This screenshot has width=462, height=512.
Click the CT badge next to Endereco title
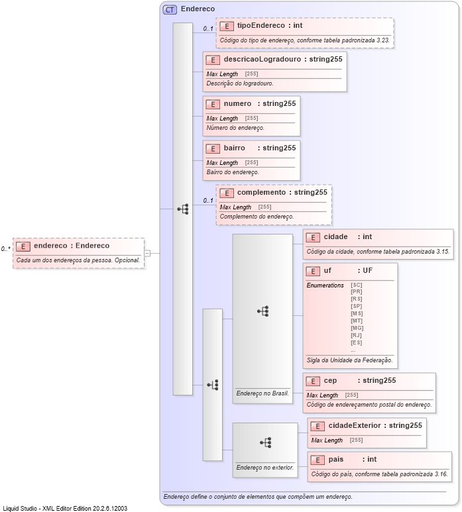click(170, 9)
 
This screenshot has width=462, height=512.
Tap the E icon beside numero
click(213, 104)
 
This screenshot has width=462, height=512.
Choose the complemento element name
click(261, 193)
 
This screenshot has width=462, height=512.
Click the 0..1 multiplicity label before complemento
click(208, 201)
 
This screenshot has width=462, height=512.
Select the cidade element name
click(335, 237)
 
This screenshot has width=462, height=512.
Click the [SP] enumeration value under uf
click(357, 306)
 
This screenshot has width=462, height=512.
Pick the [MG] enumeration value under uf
click(357, 328)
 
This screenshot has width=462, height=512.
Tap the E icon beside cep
click(313, 381)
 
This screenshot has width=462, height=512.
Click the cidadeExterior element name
click(355, 425)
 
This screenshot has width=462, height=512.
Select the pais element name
click(337, 460)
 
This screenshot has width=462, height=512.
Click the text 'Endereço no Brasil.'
click(262, 393)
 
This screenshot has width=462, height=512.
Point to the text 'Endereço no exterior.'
click(264, 467)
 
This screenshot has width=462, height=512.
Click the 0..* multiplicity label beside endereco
click(6, 249)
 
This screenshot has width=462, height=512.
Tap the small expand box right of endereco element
click(147, 252)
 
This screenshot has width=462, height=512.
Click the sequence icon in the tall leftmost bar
click(182, 209)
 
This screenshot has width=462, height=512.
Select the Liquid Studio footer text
click(65, 508)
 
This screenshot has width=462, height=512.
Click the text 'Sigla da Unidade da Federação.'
click(350, 361)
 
